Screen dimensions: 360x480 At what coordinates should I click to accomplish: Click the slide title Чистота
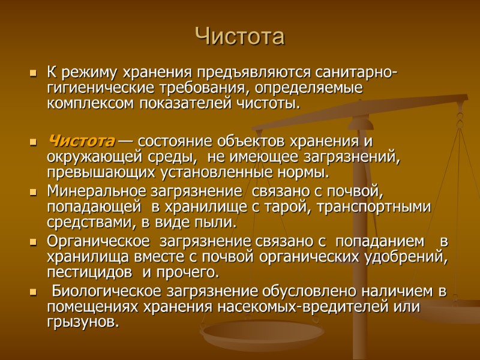[x=239, y=37]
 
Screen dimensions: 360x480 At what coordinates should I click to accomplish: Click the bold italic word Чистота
[x=80, y=142]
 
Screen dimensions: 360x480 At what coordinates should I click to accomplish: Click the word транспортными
[x=377, y=208]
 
